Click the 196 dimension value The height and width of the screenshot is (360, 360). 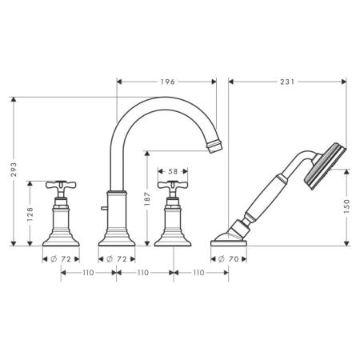167,82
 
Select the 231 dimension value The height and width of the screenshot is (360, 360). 287,82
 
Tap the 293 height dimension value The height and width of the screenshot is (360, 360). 14,170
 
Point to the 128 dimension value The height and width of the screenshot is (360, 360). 30,214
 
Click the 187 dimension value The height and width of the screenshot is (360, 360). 147,198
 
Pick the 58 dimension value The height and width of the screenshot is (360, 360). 173,171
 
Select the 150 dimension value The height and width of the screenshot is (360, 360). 346,206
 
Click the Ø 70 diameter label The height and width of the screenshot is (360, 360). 229,259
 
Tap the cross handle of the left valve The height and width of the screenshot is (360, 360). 61,185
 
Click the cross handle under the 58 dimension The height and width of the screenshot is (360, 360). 173,185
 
